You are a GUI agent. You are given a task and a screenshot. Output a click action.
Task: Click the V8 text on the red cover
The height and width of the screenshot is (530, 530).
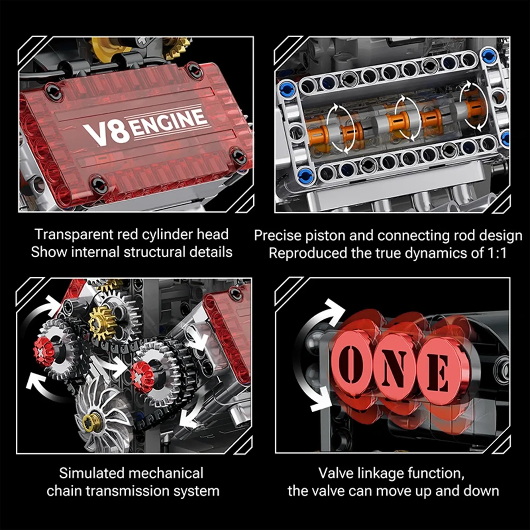click(107, 134)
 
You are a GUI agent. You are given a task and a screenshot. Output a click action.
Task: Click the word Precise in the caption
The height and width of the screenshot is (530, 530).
click(277, 236)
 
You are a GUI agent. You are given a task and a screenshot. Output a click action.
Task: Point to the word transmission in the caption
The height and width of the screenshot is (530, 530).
click(127, 491)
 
